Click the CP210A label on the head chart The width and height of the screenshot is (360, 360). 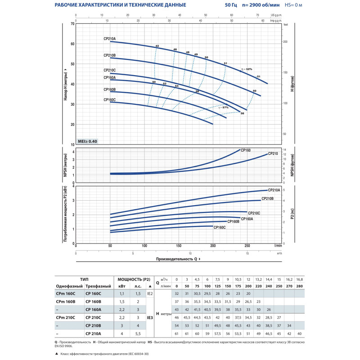pyautogui.click(x=109, y=39)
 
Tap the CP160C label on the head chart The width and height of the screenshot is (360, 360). pyautogui.click(x=109, y=99)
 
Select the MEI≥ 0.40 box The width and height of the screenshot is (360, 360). pyautogui.click(x=87, y=141)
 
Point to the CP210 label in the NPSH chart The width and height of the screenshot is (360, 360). pyautogui.click(x=273, y=153)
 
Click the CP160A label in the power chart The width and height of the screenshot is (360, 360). pyautogui.click(x=247, y=219)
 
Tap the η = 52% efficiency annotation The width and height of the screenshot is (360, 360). pyautogui.click(x=246, y=69)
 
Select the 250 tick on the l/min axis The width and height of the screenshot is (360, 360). pyautogui.click(x=247, y=246)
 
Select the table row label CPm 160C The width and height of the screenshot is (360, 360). pyautogui.click(x=67, y=293)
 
